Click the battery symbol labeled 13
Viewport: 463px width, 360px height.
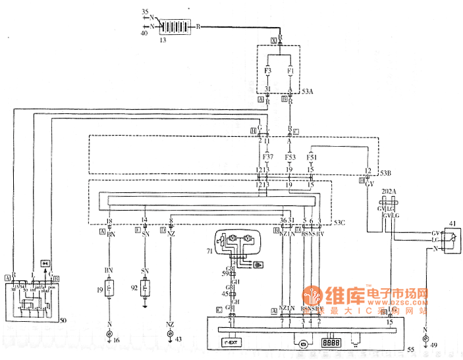pyautogui.click(x=177, y=26)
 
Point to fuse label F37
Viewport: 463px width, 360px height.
pyautogui.click(x=267, y=157)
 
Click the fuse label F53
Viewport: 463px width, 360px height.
pyautogui.click(x=289, y=157)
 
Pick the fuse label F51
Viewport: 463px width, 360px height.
pyautogui.click(x=312, y=157)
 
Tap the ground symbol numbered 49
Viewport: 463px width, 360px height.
pyautogui.click(x=425, y=338)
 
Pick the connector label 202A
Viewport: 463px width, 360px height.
pyautogui.click(x=389, y=192)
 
